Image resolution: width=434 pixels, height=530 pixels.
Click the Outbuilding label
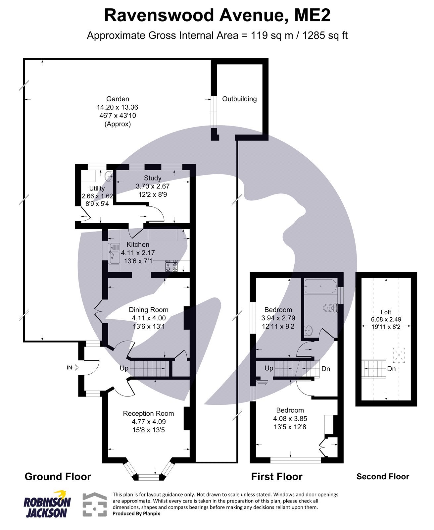click(239, 99)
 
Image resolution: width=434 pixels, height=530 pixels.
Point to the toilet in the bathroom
click(330, 308)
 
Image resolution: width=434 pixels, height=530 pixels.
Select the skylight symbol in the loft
click(399, 355)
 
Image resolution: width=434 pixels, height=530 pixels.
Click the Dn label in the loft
click(391, 369)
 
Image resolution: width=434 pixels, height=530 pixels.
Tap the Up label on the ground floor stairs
click(124, 368)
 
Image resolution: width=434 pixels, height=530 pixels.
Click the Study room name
click(153, 178)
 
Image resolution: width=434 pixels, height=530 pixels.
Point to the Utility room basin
click(108, 176)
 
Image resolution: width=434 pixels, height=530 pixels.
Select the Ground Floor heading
click(58, 477)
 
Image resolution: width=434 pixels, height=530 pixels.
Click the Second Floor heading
click(383, 477)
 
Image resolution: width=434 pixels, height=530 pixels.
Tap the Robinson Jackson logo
click(47, 503)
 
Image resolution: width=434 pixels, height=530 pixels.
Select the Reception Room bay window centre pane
click(149, 477)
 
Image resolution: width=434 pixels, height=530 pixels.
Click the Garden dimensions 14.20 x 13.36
click(117, 107)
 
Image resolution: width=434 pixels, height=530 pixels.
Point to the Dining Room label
click(148, 310)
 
